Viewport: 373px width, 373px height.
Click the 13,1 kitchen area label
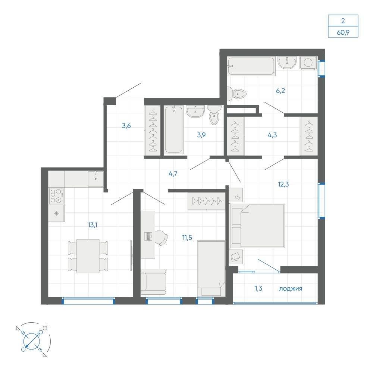coord(93,225)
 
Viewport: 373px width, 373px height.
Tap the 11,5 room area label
coord(187,237)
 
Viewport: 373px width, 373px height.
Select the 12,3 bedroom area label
coord(283,184)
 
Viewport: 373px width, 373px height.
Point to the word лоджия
coord(291,289)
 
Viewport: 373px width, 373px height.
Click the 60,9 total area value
coord(343,32)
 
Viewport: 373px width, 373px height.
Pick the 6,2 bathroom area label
coord(280,91)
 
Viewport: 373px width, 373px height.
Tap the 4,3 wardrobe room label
coord(272,135)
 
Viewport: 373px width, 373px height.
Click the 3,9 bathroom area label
coord(201,135)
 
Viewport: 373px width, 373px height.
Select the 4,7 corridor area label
coord(173,174)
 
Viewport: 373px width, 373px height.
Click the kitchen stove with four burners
coord(57,196)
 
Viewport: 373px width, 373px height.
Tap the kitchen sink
coord(95,179)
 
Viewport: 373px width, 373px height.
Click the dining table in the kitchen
coord(88,256)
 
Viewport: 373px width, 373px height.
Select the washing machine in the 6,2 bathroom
coord(308,63)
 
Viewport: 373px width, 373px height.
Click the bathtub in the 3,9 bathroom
coord(174,130)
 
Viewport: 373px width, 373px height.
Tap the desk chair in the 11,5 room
coord(162,238)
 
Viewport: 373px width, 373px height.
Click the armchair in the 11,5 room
coord(153,282)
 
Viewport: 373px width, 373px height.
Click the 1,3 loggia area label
coord(258,289)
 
